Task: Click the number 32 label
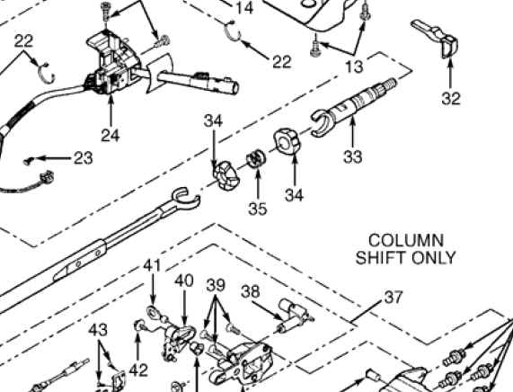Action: (451, 98)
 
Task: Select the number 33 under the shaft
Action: (353, 156)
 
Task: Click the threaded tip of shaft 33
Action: (391, 84)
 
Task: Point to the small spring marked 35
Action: (256, 158)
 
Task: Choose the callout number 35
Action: (258, 209)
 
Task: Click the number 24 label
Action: (111, 135)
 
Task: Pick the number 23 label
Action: (84, 158)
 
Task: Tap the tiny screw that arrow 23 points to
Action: (29, 161)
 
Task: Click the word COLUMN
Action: (406, 241)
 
